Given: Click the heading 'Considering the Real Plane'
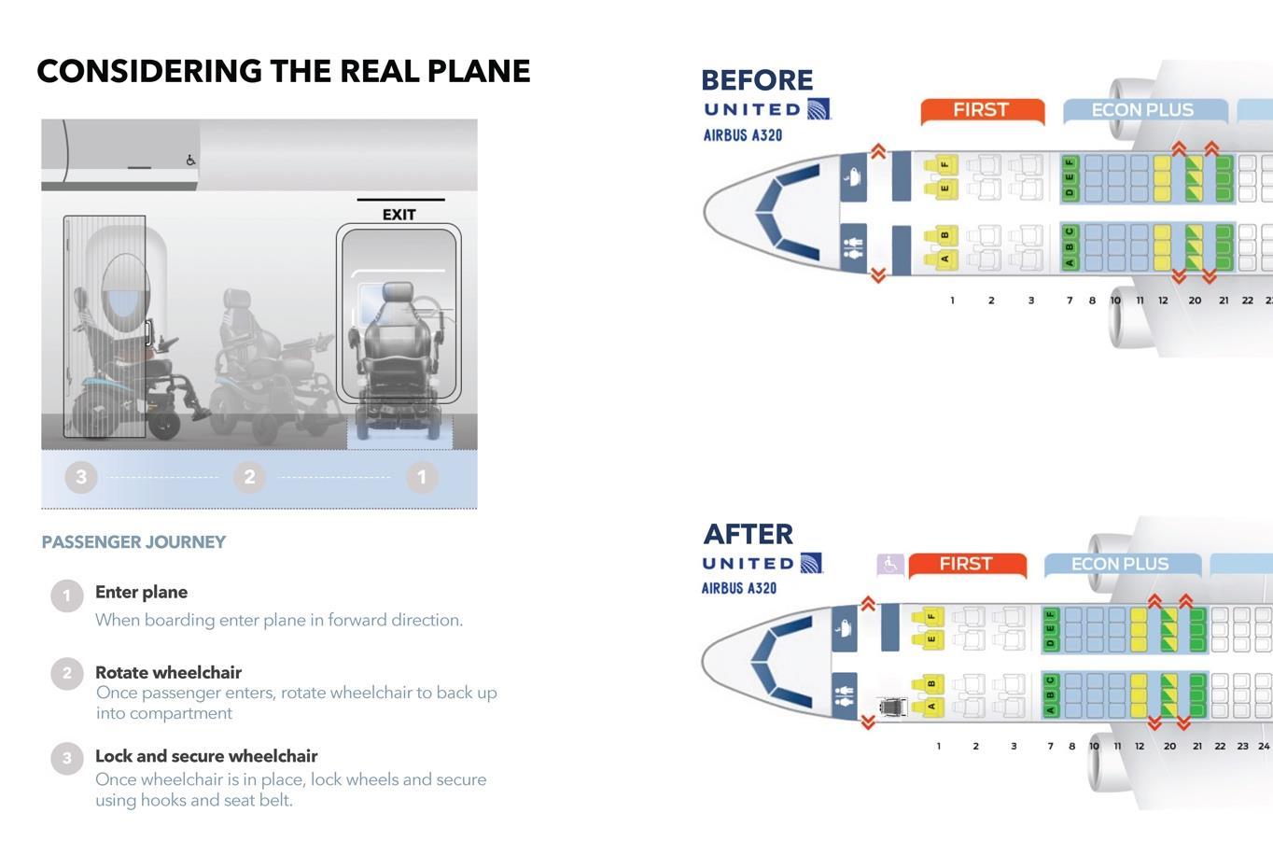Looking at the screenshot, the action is tap(283, 71).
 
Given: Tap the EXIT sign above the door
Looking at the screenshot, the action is tap(399, 215).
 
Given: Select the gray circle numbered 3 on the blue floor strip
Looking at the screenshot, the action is tap(81, 477).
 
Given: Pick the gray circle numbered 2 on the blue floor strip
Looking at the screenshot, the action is tap(249, 477).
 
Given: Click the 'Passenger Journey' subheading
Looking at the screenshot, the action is tap(133, 541).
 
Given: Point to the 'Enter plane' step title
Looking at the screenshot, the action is tap(142, 592).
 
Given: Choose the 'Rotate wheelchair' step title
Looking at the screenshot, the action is tap(168, 672).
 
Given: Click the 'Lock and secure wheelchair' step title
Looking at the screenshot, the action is tap(206, 756).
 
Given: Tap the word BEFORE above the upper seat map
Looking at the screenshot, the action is tap(757, 80).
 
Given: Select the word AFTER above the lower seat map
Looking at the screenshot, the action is tap(748, 534).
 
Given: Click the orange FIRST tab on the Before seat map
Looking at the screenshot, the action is tap(982, 110).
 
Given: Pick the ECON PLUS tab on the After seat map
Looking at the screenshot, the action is tap(1121, 564).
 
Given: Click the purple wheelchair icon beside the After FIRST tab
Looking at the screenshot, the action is tap(890, 565).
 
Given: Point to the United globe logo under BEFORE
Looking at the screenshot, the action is tap(818, 108).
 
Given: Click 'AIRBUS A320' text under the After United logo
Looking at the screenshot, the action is tap(739, 588).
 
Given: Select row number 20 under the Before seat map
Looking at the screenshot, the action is tap(1195, 301).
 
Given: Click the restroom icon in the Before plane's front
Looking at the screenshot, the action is tap(853, 248).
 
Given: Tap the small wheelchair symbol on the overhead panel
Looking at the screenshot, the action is tap(191, 161).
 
